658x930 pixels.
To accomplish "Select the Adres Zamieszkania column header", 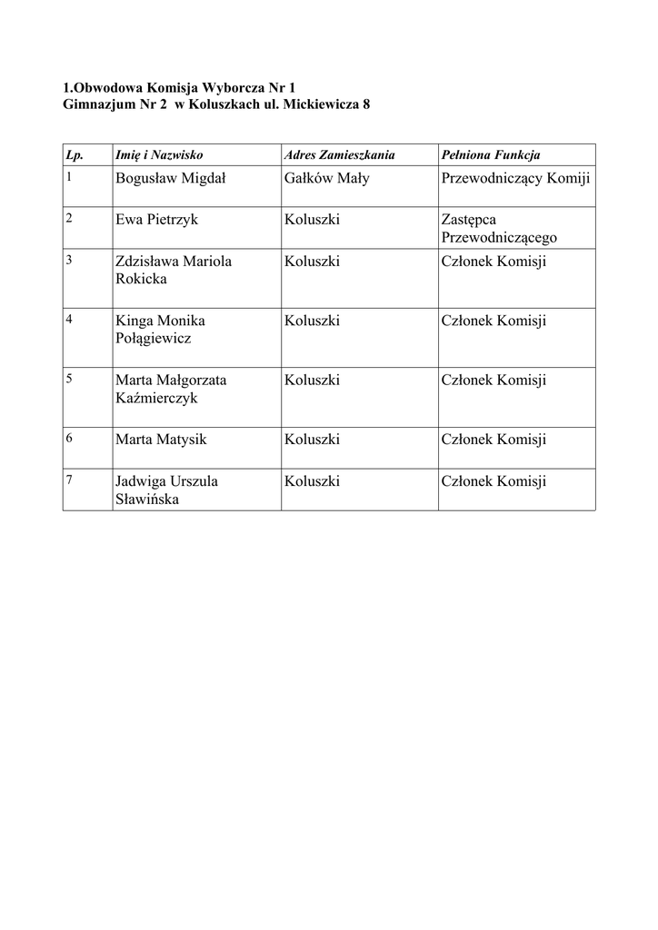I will coord(339,155).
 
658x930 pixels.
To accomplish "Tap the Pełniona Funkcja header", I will coord(491,155).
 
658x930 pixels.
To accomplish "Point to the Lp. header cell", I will coord(75,155).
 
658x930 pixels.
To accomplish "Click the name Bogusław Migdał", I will coord(171,179).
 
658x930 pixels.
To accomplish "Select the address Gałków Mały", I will coord(326,179).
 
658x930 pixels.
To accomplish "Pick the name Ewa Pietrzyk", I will coord(156,220).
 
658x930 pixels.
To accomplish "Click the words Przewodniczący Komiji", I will coord(515,179).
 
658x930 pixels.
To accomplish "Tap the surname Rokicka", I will coord(141,279).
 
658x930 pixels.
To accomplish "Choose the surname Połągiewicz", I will coord(153,339).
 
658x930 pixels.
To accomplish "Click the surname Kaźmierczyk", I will coord(156,398).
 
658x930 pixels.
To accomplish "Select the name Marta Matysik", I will coord(161,440).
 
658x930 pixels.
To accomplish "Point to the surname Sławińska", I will coord(146,499).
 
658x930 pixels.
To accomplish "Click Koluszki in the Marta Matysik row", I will coord(312,440).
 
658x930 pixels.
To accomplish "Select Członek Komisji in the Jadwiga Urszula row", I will coord(493,481).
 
